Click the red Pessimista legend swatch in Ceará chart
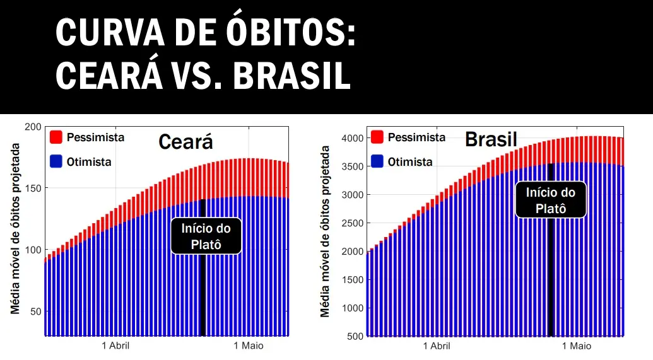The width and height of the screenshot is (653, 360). point(56,137)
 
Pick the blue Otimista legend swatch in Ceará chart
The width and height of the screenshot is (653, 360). point(56,161)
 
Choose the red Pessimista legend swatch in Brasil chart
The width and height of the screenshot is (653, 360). point(377,137)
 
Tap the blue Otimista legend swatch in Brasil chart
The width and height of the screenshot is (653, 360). point(377,161)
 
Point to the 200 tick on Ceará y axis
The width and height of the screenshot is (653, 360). point(33,127)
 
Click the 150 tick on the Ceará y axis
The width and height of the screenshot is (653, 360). point(33,188)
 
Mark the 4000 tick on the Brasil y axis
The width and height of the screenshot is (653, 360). point(351,138)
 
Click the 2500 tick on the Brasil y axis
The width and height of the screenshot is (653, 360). point(351,223)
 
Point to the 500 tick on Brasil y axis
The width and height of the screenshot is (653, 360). point(354,336)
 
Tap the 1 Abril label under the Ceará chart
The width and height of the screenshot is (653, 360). point(115,345)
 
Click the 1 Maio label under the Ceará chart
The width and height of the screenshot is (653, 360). point(249,345)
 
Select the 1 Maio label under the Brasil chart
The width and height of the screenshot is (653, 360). point(576,345)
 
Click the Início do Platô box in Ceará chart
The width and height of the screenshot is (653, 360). point(206,236)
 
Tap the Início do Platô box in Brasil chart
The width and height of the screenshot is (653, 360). point(551,200)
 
